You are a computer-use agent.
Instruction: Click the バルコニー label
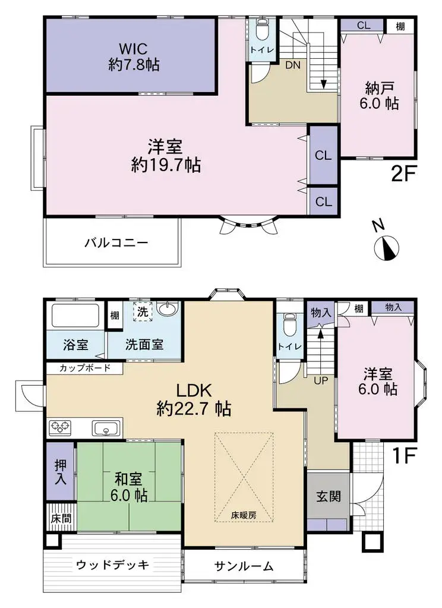[x=115, y=243]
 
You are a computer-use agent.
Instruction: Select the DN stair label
[x=292, y=66]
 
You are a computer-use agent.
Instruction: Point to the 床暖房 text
[x=244, y=515]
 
